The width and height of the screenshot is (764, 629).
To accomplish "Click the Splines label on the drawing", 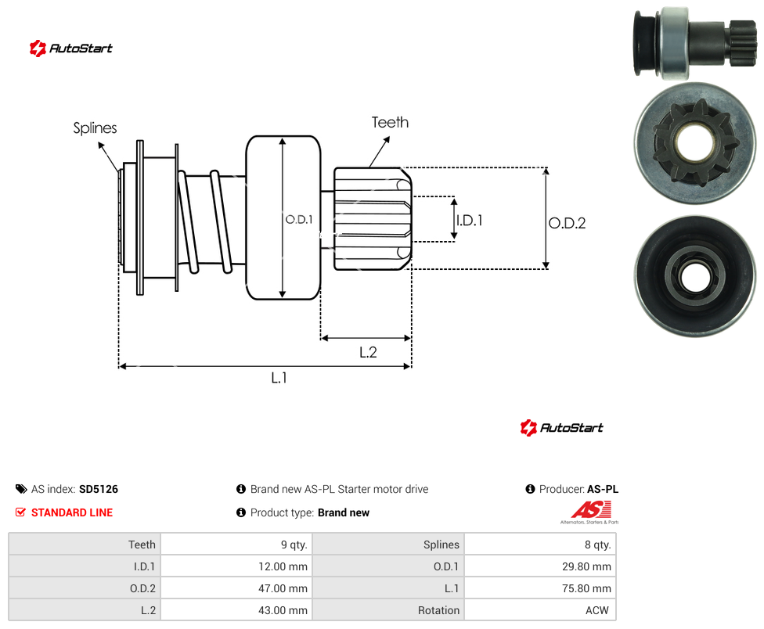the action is coord(95,128).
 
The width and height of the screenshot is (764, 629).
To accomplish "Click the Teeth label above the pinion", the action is coord(390,122).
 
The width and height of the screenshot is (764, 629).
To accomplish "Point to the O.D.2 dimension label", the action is coord(568,223).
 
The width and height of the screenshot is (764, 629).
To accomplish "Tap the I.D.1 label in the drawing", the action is coord(469,221).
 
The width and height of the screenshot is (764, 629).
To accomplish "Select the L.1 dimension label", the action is coord(279,377).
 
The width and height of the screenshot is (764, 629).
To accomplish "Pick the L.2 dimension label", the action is coord(368,352).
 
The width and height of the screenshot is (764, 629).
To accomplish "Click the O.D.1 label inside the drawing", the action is coord(299,220).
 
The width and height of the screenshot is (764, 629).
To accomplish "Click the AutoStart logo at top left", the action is coord(70,49).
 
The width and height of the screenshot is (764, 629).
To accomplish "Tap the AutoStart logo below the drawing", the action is coord(561,428).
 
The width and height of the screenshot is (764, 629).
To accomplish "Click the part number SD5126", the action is coord(99,489).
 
